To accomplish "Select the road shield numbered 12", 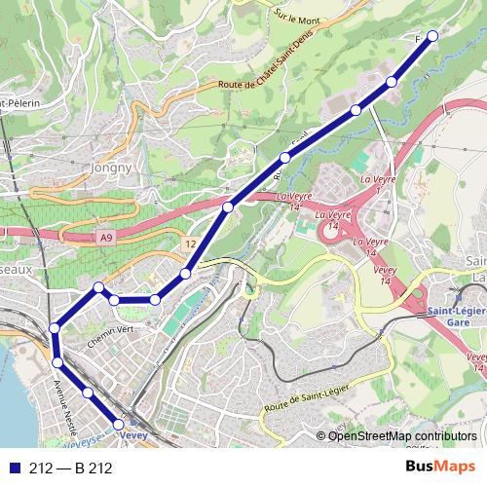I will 190,243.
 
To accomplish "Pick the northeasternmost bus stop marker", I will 432,36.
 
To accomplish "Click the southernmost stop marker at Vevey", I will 119,425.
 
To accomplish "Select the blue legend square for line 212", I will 15,468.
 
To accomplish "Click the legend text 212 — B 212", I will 71,468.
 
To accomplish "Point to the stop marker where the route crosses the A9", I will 228,206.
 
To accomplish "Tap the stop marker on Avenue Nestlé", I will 57,362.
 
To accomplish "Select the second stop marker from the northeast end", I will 392,81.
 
